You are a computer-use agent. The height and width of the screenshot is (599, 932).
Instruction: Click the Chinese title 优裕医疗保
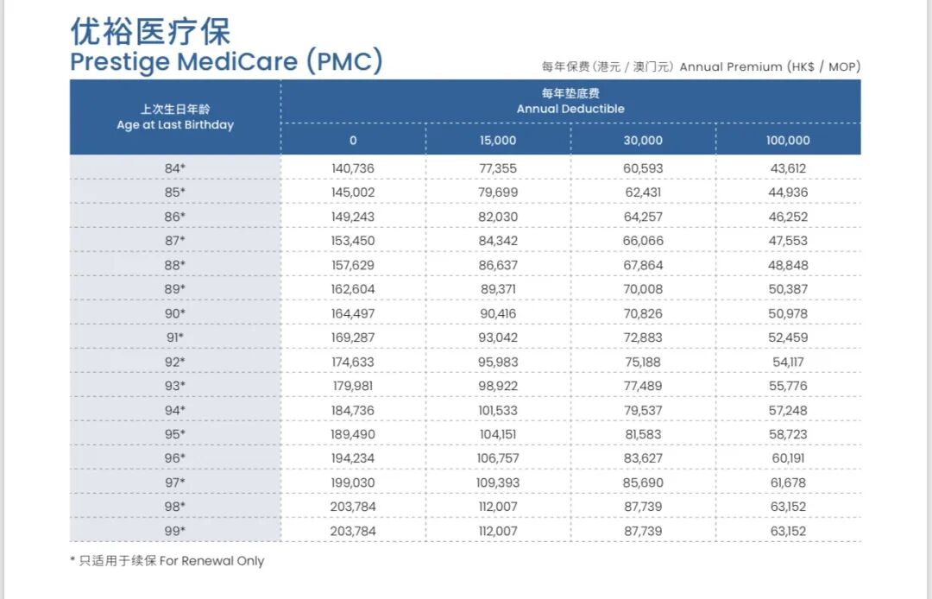pos(151,32)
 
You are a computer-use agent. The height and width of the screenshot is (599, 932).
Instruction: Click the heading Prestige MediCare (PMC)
pos(226,62)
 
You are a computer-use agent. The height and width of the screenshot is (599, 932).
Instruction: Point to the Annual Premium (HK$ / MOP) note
pos(701,66)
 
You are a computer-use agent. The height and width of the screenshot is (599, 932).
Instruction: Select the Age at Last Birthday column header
pos(175,117)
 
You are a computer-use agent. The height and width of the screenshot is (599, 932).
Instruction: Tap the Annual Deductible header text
pos(570,102)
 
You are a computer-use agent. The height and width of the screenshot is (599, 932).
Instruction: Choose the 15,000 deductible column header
pos(498,141)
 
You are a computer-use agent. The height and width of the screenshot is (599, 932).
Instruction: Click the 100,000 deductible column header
pos(788,141)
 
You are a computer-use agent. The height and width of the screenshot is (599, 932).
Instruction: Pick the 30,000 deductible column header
pos(643,141)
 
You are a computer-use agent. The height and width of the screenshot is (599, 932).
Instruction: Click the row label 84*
pos(175,168)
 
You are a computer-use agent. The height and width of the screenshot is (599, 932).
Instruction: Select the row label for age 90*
pos(175,313)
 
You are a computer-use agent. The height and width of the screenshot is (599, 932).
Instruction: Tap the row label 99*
pos(175,531)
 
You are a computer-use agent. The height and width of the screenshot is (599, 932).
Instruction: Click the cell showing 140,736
pos(353,168)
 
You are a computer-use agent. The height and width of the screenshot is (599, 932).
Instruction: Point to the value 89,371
pos(498,289)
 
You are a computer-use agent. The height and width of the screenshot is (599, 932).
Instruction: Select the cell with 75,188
pos(643,362)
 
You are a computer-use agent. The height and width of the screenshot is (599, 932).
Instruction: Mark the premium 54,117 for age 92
pos(789,362)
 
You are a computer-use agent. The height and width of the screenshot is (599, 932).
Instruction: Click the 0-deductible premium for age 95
pos(353,434)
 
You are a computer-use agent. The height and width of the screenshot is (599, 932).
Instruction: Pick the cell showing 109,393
pos(498,482)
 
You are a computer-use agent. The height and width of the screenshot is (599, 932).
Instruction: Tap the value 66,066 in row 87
pos(643,241)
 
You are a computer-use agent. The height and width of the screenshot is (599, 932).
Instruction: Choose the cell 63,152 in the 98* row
pos(789,507)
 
